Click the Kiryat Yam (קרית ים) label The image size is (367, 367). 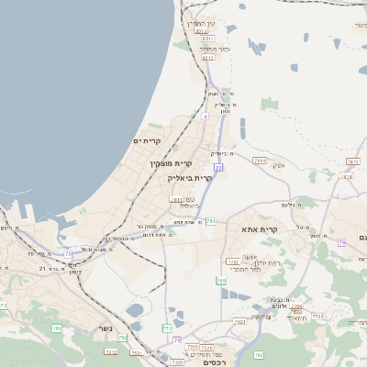point(147,141)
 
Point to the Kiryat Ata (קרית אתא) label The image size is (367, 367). point(260,228)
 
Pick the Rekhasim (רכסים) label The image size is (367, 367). point(212,361)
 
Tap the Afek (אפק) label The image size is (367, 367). point(279,165)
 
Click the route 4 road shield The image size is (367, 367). point(206,117)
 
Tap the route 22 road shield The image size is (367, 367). point(218,168)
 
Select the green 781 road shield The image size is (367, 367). point(211,221)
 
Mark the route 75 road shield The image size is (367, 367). point(68,254)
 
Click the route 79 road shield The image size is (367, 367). point(341,242)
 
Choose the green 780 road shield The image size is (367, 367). point(221,280)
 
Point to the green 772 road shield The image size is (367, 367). point(167,328)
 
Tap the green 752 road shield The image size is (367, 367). point(123,338)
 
